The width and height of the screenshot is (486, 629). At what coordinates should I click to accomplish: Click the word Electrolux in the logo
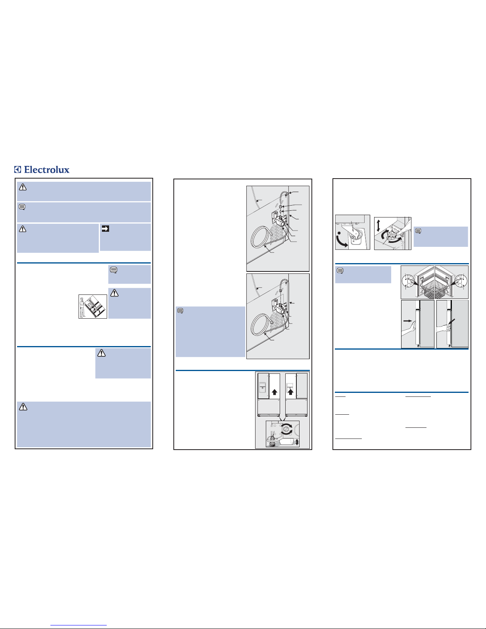click(46, 169)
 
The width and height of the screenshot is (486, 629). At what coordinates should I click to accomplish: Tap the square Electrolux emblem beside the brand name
click(17, 169)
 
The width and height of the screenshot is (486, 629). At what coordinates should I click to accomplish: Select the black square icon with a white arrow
click(105, 229)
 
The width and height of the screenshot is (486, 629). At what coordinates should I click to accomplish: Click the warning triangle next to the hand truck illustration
click(114, 293)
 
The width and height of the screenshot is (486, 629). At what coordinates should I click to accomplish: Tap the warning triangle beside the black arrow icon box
click(23, 229)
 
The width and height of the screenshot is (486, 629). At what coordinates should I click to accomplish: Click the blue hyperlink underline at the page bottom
click(79, 625)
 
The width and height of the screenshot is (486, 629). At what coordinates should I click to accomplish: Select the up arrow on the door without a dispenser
click(275, 392)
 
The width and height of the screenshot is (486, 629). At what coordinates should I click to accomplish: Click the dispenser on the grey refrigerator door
click(262, 387)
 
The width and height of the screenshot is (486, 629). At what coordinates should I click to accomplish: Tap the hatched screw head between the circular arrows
click(287, 429)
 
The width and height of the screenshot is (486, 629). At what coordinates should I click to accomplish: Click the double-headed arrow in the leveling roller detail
click(297, 442)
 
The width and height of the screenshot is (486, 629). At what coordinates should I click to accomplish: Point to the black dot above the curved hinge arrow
click(339, 233)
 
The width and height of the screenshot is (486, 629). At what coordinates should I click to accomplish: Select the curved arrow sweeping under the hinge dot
click(341, 242)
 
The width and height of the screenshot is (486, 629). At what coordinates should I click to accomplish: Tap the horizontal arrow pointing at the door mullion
click(407, 321)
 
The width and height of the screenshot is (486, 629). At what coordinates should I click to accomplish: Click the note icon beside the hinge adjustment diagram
click(418, 231)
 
